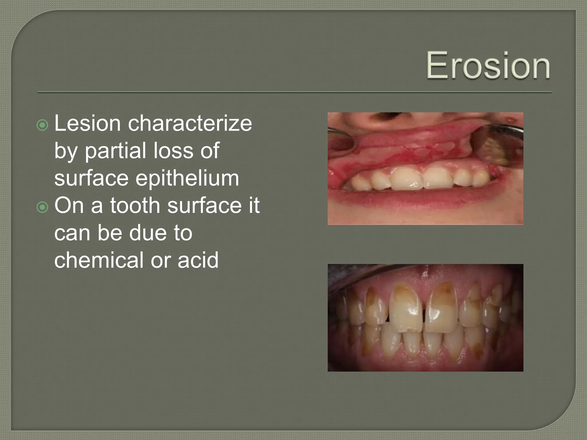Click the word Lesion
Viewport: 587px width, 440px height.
pos(87,123)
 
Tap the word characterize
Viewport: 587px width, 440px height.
pos(190,123)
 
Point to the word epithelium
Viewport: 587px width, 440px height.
pos(187,178)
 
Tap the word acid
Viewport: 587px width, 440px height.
pos(198,260)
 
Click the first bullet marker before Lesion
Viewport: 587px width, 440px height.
pos(43,125)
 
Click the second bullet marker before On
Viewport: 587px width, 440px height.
pos(43,207)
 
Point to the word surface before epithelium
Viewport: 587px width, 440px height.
pos(91,178)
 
